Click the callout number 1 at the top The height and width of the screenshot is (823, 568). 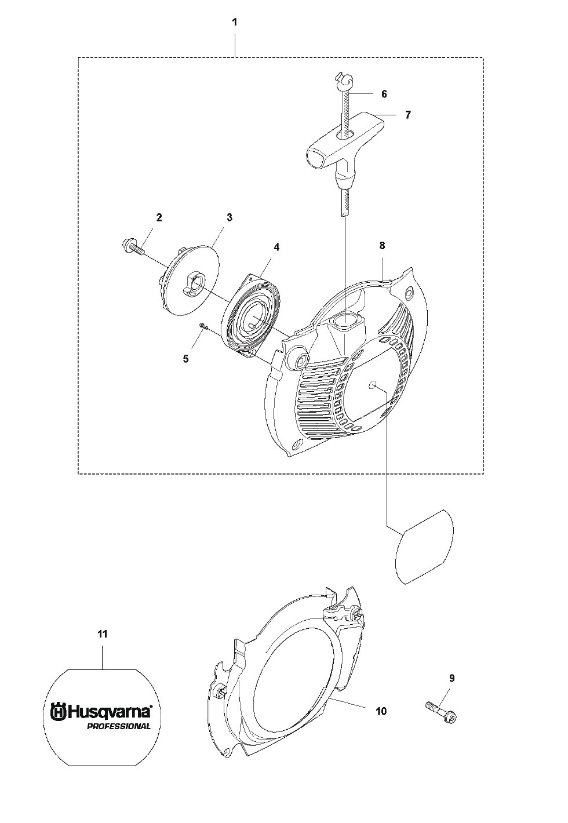point(235,22)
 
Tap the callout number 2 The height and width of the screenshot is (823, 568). point(159,217)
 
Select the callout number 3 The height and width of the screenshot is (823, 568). point(230,217)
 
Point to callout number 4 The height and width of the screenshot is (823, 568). point(276,247)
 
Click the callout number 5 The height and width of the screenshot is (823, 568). point(186,359)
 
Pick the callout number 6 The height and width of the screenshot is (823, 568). point(384,94)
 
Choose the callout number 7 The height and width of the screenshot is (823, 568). point(407,115)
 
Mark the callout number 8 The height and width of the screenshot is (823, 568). point(382,245)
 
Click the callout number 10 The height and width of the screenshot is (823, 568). point(381,711)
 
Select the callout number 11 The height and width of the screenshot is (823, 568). point(103,634)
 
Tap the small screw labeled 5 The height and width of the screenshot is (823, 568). point(202,326)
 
